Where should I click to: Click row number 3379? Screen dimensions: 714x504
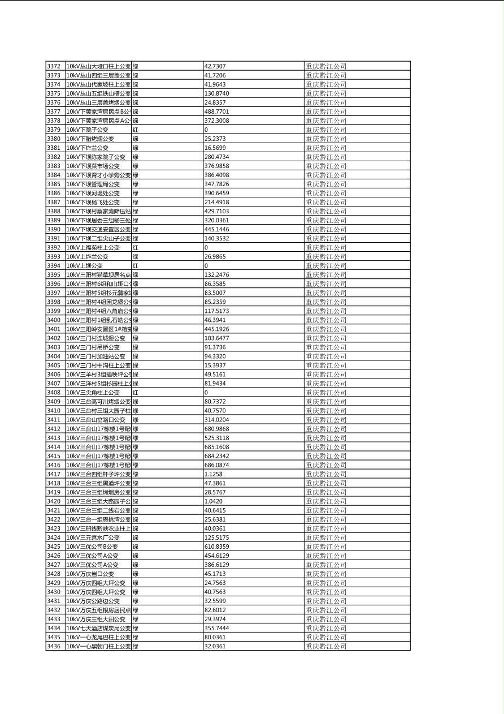(x=54, y=130)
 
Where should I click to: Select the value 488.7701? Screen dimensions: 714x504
(x=216, y=111)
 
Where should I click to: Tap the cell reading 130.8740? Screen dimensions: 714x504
(x=216, y=93)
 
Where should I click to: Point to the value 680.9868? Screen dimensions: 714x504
(x=216, y=429)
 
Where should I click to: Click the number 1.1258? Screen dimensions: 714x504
(x=213, y=474)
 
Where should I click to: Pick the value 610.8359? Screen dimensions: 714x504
(x=216, y=547)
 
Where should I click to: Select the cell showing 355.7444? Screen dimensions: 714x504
(x=216, y=628)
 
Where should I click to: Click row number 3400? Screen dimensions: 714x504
(x=54, y=320)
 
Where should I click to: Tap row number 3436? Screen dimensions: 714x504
(x=54, y=646)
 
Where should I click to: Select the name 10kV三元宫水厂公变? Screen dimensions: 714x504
(x=93, y=537)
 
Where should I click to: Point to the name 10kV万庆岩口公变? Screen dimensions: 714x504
(x=90, y=574)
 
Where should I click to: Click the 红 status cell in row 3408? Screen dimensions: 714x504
(x=136, y=393)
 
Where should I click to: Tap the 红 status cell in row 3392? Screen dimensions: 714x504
(x=136, y=247)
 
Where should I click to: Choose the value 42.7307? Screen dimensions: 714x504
(x=215, y=66)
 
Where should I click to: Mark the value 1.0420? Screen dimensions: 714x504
(x=213, y=501)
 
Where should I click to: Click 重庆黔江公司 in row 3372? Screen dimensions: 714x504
(x=326, y=66)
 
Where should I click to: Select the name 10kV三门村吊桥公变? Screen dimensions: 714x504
(x=93, y=347)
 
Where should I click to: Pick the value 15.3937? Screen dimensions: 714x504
(x=215, y=365)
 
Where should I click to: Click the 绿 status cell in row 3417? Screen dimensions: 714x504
(x=136, y=474)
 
